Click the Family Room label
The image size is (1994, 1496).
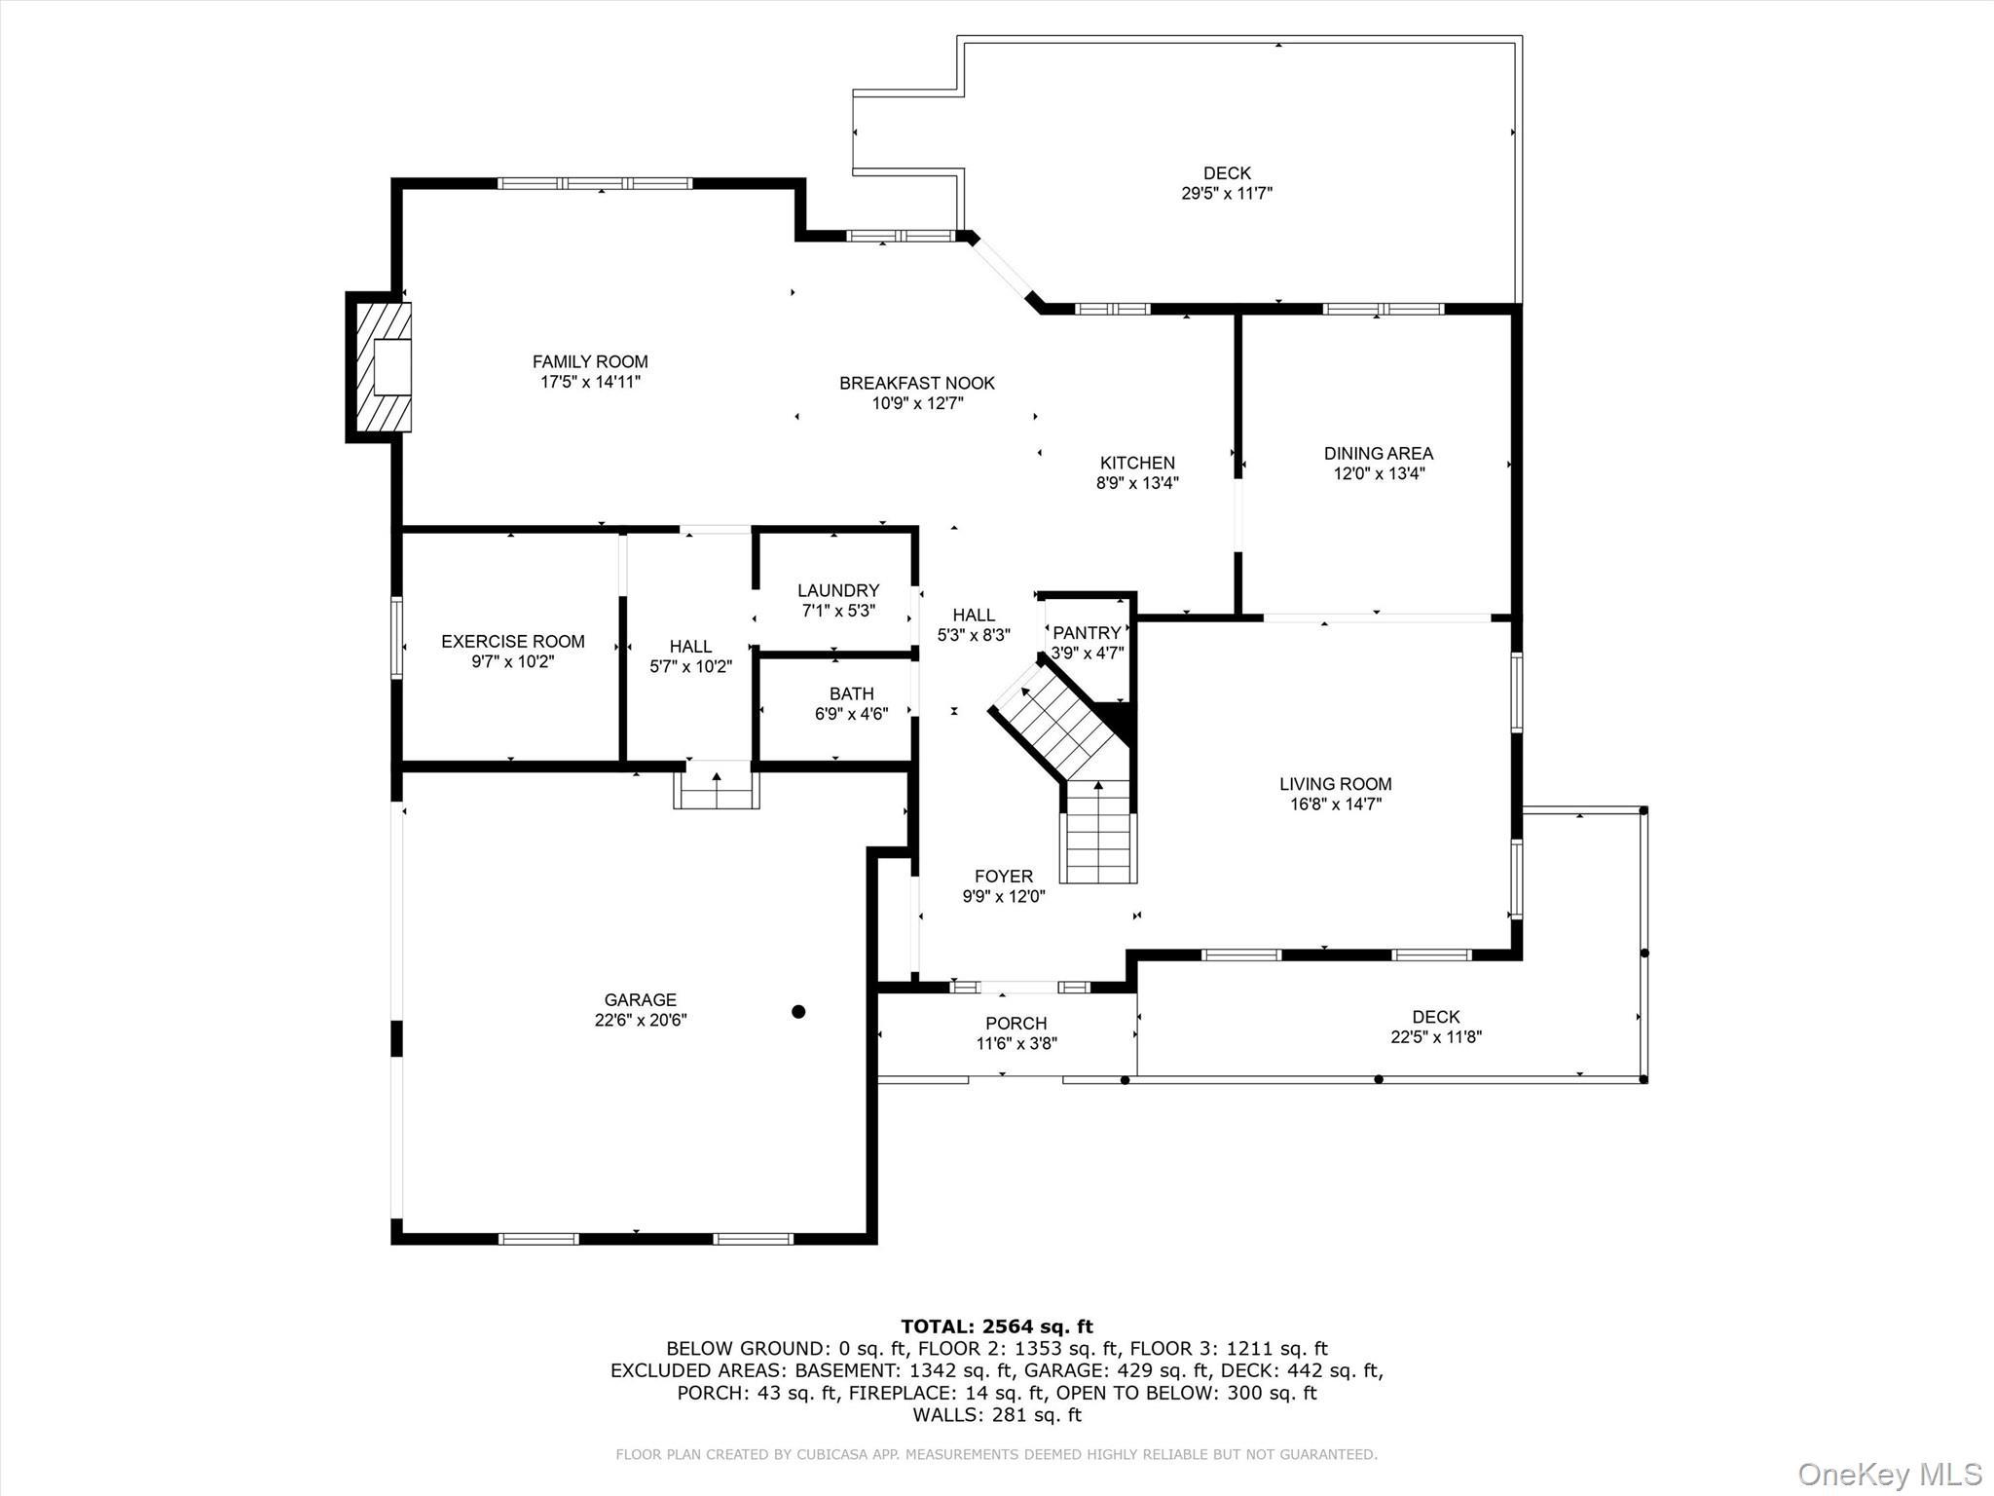click(590, 361)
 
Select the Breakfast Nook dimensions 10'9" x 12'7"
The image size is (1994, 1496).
click(917, 403)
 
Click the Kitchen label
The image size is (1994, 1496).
click(1137, 463)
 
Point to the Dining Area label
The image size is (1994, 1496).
click(1378, 453)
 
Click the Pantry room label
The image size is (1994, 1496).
click(1087, 633)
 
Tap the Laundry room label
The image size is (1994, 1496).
click(837, 590)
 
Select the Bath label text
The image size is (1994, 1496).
click(851, 693)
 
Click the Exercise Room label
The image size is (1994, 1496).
click(512, 641)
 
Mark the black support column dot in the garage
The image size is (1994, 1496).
click(798, 1012)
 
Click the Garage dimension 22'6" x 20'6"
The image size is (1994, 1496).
click(641, 1020)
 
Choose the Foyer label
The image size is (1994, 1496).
click(1003, 876)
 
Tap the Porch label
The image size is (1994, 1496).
click(1015, 1023)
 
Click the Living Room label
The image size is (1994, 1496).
click(1335, 783)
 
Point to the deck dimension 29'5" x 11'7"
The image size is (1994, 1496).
click(1227, 194)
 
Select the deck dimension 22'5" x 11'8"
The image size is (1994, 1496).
click(1435, 1037)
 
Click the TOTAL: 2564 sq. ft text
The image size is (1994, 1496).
click(996, 1327)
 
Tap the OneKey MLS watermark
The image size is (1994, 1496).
click(1889, 1474)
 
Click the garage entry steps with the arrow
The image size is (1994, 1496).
click(717, 788)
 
